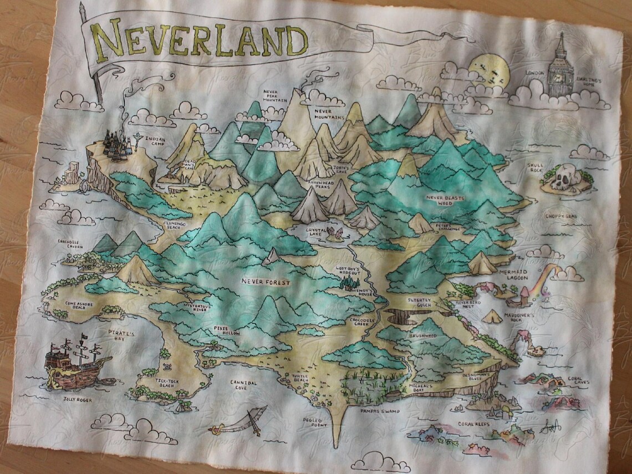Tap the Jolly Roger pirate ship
[75, 363]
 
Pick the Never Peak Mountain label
[276, 95]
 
